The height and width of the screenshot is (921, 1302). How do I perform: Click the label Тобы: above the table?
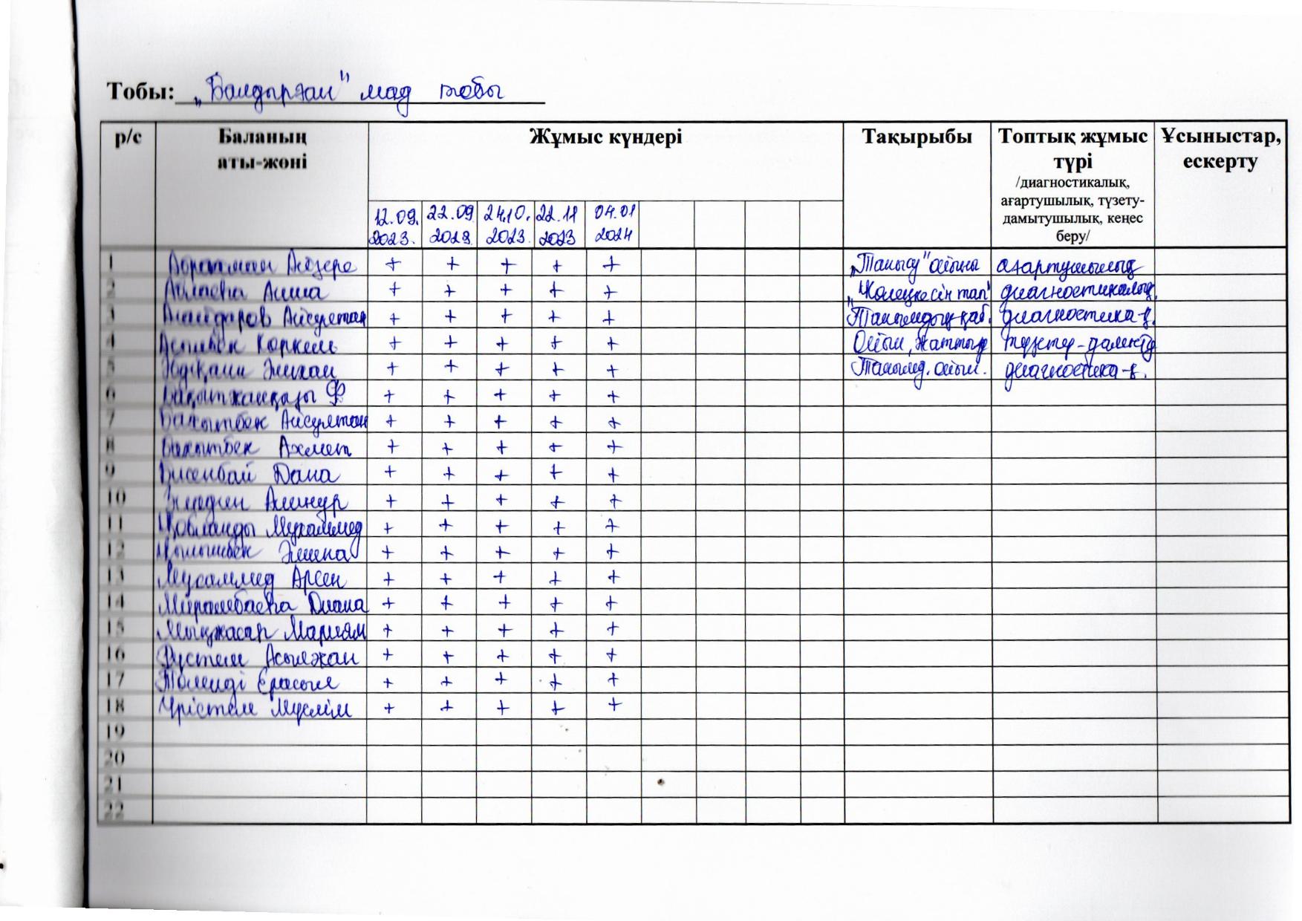140,92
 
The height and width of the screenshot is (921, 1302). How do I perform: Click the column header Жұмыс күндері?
605,137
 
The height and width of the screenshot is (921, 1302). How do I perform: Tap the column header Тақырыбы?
917,137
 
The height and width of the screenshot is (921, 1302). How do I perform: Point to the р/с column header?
126,137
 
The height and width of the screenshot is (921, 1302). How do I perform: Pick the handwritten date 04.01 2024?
613,224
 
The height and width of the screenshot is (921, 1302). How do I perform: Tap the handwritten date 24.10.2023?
505,226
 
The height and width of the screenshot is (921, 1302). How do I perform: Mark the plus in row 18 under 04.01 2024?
613,704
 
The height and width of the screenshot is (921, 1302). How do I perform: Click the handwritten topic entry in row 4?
918,342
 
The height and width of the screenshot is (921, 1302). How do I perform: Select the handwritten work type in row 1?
1071,265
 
